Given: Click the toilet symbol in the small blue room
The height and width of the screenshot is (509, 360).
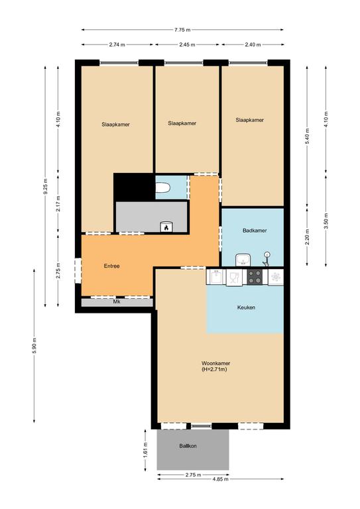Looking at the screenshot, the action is click(x=162, y=188).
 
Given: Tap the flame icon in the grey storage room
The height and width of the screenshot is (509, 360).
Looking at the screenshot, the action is click(x=166, y=227).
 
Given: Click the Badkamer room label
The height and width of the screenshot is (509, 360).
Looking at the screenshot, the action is click(x=255, y=231).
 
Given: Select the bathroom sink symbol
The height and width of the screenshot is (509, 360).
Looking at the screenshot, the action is click(x=243, y=260).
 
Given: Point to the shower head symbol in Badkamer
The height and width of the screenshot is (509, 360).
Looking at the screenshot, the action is click(x=266, y=258).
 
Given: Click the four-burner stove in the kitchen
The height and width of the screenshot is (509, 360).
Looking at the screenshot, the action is click(x=255, y=277).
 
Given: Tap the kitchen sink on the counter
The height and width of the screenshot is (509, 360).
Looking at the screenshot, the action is click(x=216, y=277).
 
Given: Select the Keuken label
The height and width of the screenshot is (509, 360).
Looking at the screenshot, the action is click(x=246, y=307).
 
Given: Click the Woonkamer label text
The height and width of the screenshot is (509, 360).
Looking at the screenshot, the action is click(x=216, y=363).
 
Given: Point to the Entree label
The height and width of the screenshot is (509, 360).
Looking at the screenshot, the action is click(x=111, y=266).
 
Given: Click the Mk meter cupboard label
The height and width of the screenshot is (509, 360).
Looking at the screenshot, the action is click(x=117, y=302).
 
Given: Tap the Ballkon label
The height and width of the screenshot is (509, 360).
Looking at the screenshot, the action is click(x=188, y=446).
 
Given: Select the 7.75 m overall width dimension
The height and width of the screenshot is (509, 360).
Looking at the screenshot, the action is click(x=182, y=30).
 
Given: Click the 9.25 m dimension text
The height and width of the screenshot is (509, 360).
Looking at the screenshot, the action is click(x=46, y=187).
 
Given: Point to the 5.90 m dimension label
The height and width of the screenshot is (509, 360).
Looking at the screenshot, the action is click(x=34, y=346).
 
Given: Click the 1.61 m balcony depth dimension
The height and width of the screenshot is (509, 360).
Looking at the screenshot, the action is click(x=145, y=449).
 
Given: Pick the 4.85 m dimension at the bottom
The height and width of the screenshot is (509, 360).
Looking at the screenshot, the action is click(x=220, y=479).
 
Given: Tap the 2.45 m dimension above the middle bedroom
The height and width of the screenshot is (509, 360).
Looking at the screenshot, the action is click(x=188, y=45).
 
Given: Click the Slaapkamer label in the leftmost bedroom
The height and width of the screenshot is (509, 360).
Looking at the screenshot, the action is click(x=115, y=125).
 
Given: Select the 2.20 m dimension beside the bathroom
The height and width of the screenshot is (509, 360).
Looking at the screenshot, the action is click(x=308, y=237).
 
